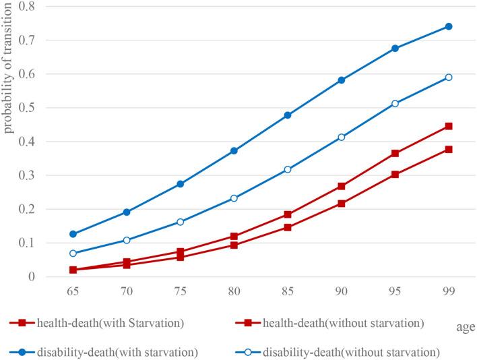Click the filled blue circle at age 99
[x=448, y=27]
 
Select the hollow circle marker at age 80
[x=234, y=198]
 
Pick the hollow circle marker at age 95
[x=395, y=104]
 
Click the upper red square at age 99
[x=448, y=126]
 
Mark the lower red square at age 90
[x=342, y=204]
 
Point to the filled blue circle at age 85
[x=288, y=115]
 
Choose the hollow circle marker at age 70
[x=127, y=240]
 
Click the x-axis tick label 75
[x=180, y=294]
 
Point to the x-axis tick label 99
[x=448, y=294]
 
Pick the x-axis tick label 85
[x=288, y=294]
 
